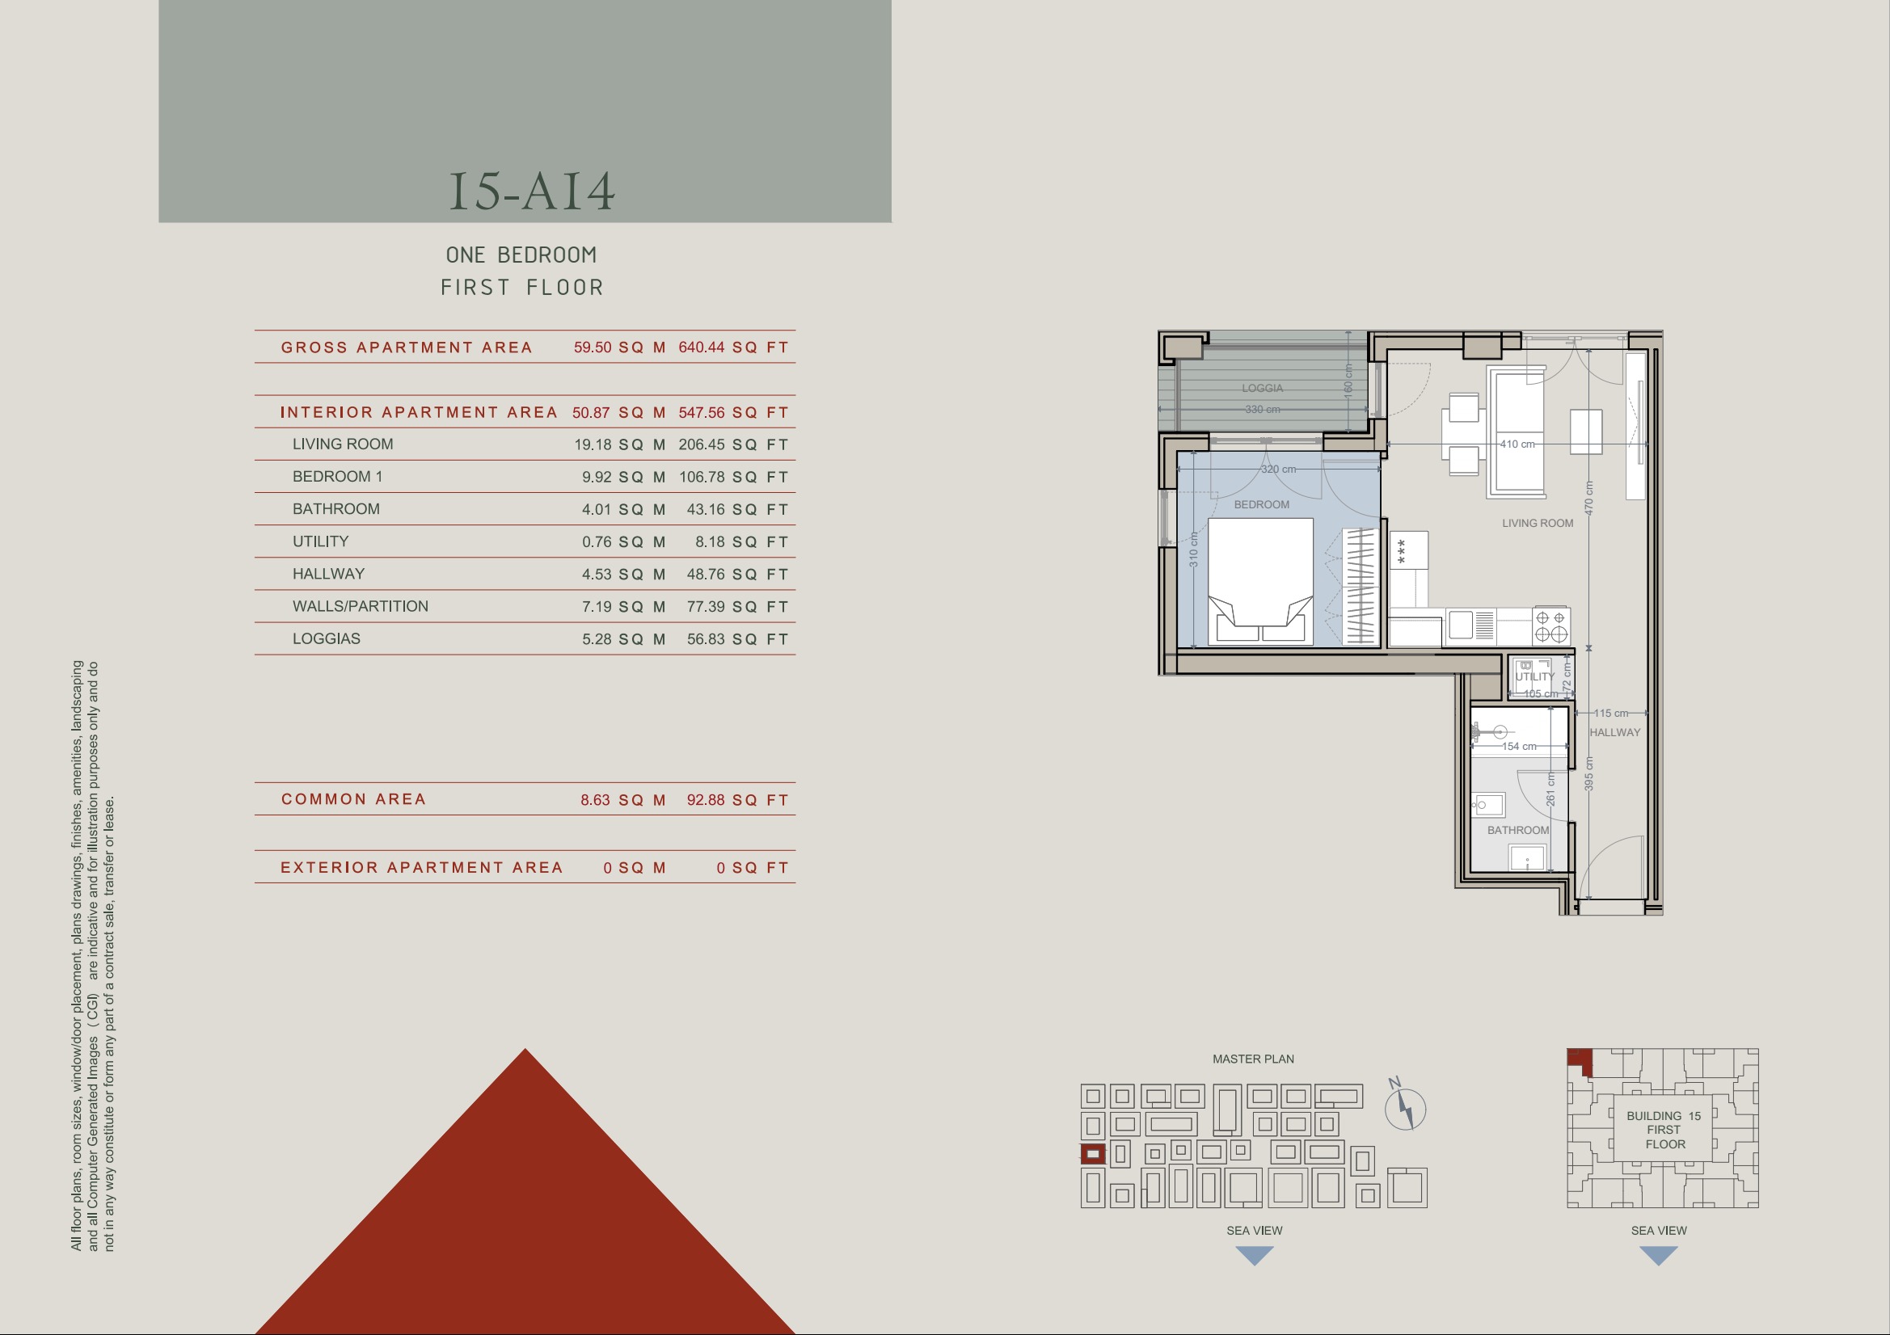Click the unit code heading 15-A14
click(532, 191)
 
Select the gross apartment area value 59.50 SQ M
click(620, 347)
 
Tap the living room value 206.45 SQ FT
click(733, 444)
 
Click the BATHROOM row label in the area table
click(335, 508)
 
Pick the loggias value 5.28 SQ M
click(623, 638)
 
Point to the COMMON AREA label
click(353, 799)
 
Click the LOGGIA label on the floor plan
click(1262, 388)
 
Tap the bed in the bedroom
click(1260, 580)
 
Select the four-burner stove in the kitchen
click(1550, 626)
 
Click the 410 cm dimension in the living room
click(1517, 444)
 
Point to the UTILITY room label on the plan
click(1535, 676)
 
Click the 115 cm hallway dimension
click(1611, 713)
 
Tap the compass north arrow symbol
click(1404, 1107)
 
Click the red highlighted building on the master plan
click(1092, 1154)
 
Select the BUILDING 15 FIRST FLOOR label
click(1664, 1130)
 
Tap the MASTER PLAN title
click(1253, 1059)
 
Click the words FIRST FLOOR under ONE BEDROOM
click(522, 287)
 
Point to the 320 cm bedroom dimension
click(1278, 470)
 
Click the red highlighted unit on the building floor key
click(1580, 1061)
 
